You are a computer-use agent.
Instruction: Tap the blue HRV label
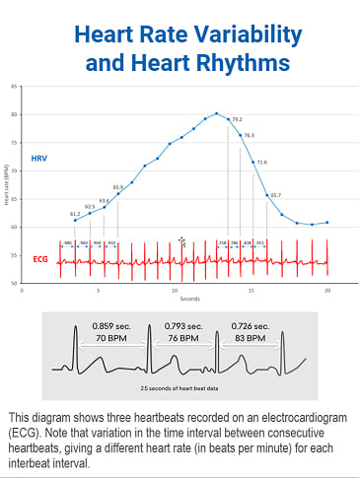pyautogui.click(x=39, y=158)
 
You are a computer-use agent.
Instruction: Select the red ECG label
pyautogui.click(x=39, y=259)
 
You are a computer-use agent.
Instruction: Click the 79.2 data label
pyautogui.click(x=237, y=119)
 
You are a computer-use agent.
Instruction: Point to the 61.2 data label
pyautogui.click(x=75, y=213)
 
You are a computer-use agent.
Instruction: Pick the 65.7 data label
pyautogui.click(x=275, y=195)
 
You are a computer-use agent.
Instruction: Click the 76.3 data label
pyautogui.click(x=249, y=135)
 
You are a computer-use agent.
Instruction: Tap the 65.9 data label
pyautogui.click(x=118, y=187)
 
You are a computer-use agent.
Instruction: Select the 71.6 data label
pyautogui.click(x=261, y=162)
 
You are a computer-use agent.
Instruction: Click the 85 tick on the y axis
pyautogui.click(x=14, y=87)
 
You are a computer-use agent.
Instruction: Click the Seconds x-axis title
pyautogui.click(x=177, y=299)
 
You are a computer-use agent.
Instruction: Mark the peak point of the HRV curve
pyautogui.click(x=217, y=113)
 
